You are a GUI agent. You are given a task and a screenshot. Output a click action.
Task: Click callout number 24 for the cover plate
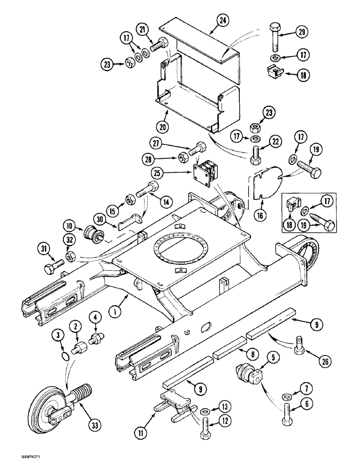(223, 20)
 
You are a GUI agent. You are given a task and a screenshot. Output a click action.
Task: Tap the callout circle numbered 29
(303, 33)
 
